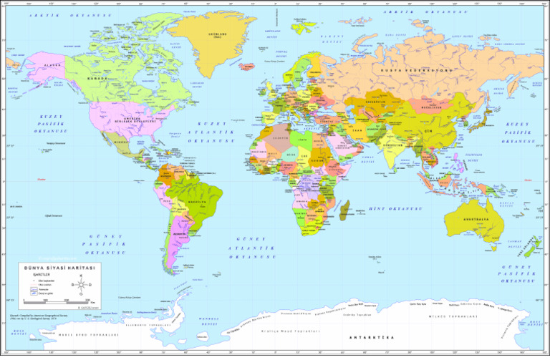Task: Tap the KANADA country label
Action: click(x=97, y=79)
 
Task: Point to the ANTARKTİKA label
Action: click(x=367, y=336)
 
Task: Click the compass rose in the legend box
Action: click(x=80, y=288)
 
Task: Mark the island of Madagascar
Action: click(x=345, y=210)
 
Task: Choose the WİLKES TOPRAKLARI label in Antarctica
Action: click(x=453, y=316)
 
